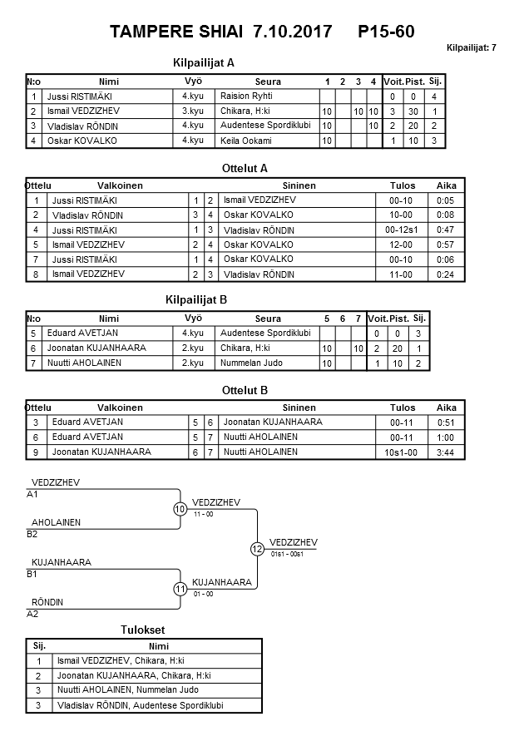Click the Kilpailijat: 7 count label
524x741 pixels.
click(472, 47)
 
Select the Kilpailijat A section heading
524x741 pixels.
click(204, 62)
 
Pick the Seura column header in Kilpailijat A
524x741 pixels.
click(268, 82)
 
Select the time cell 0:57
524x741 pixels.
click(446, 245)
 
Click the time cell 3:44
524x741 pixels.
click(446, 452)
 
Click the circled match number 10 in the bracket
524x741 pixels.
click(180, 509)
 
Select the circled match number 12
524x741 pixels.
click(257, 549)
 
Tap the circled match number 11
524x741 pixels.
click(180, 589)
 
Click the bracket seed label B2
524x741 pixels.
click(32, 534)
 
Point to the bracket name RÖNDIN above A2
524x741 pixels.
click(47, 602)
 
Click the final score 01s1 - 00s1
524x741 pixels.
click(291, 553)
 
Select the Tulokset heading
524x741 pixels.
click(146, 630)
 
